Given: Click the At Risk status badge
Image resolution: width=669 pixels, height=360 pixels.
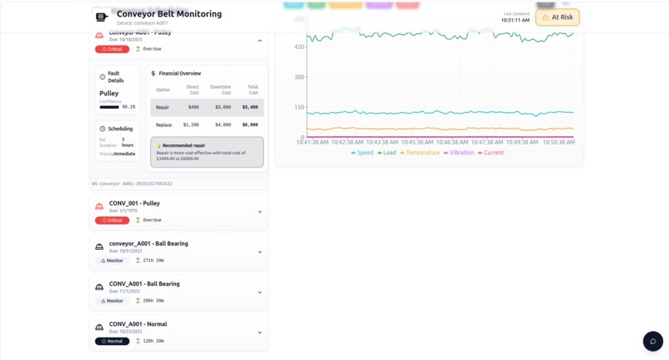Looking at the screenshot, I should pyautogui.click(x=558, y=17).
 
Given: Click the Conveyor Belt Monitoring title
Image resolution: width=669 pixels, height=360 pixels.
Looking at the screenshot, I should pyautogui.click(x=168, y=14).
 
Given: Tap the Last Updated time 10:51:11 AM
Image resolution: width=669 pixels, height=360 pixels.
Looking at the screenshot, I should pyautogui.click(x=515, y=21).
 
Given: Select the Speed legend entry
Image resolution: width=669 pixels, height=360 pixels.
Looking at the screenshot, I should pyautogui.click(x=362, y=153).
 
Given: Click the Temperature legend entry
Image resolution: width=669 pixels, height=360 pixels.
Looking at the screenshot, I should pyautogui.click(x=419, y=153).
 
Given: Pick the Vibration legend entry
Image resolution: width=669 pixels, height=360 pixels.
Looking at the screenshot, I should pyautogui.click(x=458, y=153).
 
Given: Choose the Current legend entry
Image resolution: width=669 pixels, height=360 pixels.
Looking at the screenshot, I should pyautogui.click(x=491, y=153).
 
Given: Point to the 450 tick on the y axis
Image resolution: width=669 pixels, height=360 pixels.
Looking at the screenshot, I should pyautogui.click(x=299, y=47).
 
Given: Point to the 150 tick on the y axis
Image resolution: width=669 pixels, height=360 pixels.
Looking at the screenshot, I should pyautogui.click(x=299, y=108).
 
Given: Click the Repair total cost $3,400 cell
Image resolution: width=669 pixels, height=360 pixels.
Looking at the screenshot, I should pyautogui.click(x=250, y=107).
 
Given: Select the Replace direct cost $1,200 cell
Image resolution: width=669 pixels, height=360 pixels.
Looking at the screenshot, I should pyautogui.click(x=191, y=124).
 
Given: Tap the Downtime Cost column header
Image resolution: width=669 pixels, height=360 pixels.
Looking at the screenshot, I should pyautogui.click(x=221, y=90).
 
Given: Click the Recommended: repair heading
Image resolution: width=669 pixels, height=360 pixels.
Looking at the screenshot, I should pyautogui.click(x=182, y=145).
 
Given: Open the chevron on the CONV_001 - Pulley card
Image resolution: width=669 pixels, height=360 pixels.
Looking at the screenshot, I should pyautogui.click(x=260, y=212).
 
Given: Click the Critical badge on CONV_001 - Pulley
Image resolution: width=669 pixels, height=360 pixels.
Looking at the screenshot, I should pyautogui.click(x=112, y=221).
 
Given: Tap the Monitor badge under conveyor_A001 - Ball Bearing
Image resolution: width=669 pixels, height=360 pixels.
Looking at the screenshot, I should pyautogui.click(x=111, y=260).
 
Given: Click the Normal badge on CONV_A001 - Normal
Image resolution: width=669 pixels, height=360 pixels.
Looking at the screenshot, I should pyautogui.click(x=112, y=341).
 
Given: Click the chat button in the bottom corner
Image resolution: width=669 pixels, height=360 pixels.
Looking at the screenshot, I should pyautogui.click(x=652, y=341).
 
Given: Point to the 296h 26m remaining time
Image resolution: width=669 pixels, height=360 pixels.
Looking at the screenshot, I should pyautogui.click(x=153, y=301).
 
